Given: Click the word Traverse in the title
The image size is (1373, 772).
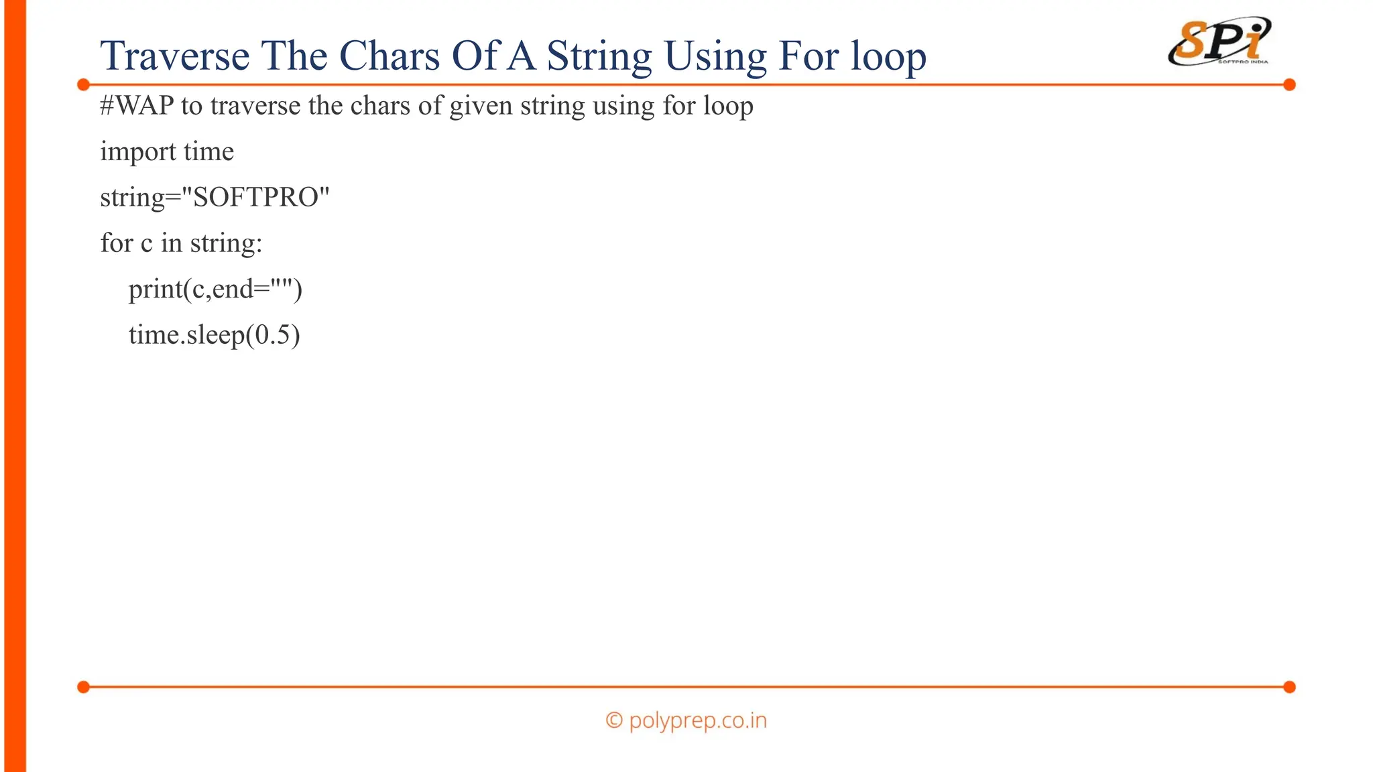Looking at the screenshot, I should click(x=174, y=56).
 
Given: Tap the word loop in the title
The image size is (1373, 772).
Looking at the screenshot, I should click(x=888, y=57).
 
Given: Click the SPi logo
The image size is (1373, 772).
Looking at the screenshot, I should click(x=1219, y=42).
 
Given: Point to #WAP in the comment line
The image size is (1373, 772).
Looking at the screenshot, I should click(x=137, y=106).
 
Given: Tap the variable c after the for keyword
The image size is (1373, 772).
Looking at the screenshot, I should click(x=146, y=243).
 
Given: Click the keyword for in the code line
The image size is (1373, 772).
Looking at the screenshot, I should click(x=116, y=243).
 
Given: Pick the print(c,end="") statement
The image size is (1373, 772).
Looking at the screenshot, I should click(x=215, y=289).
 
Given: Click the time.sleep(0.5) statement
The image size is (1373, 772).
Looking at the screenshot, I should click(x=214, y=335).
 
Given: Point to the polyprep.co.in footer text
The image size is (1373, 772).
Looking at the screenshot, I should click(x=697, y=720).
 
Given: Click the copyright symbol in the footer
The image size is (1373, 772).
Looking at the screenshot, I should click(x=613, y=720).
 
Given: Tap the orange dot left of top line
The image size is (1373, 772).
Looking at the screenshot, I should click(x=84, y=84).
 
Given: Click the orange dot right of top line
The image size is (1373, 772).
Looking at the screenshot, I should click(x=1289, y=84).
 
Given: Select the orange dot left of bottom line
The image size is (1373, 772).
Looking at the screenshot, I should click(x=84, y=687).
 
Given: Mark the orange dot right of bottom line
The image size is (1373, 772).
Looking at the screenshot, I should click(x=1289, y=687).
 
